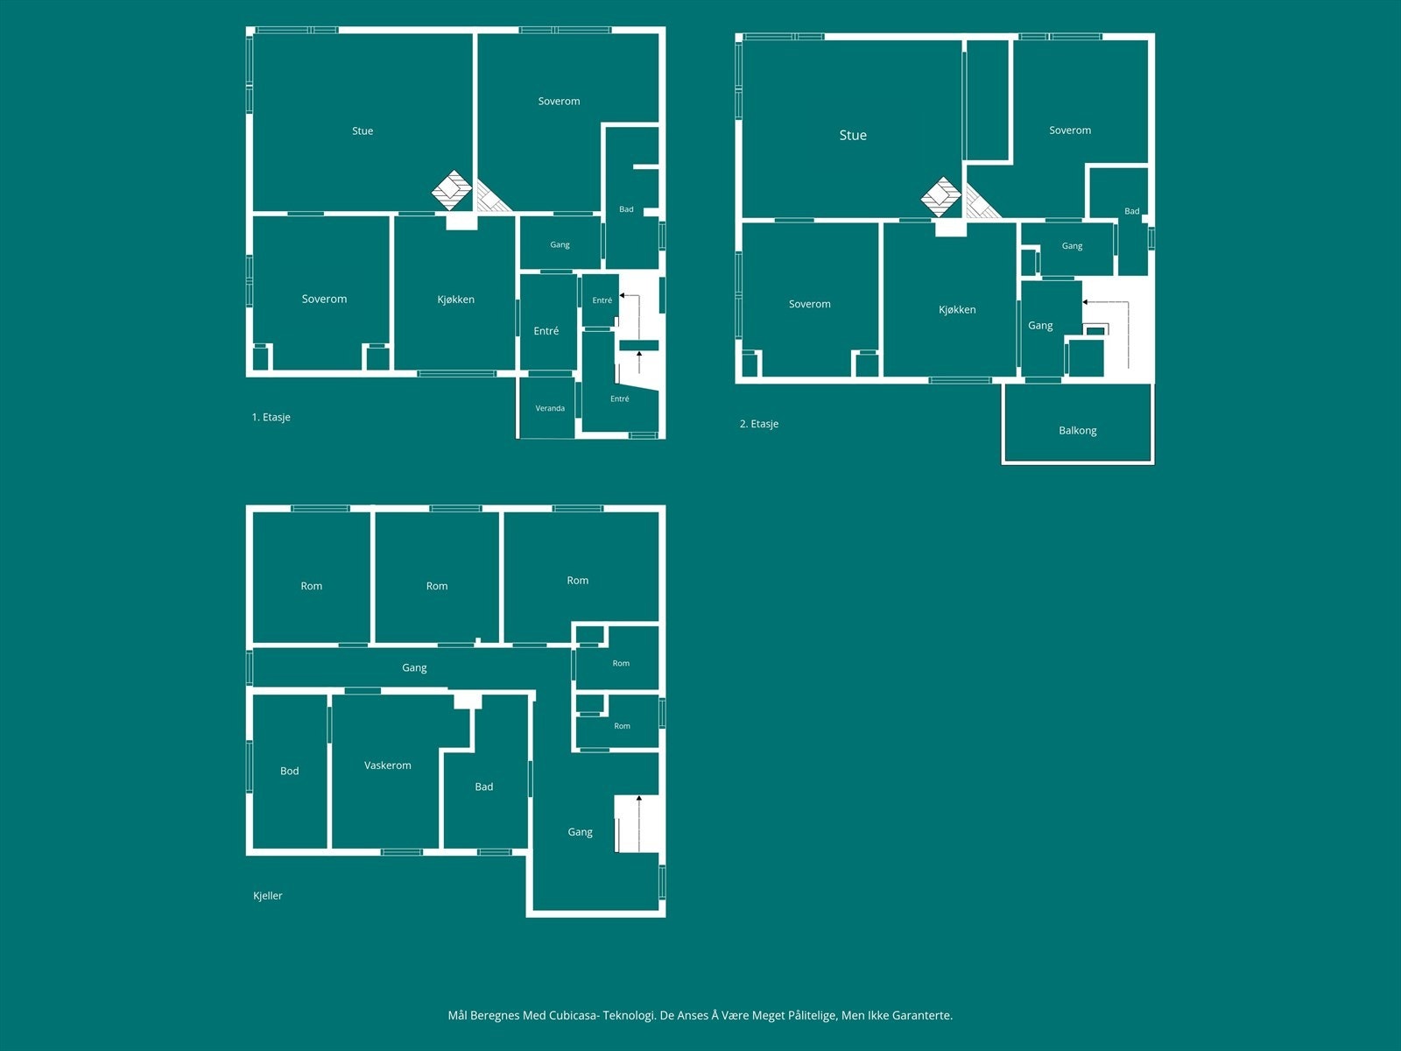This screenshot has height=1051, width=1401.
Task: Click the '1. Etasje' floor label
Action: pos(271,417)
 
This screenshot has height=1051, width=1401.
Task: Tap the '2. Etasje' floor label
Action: pos(759,424)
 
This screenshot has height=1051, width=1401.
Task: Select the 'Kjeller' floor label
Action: pos(267,895)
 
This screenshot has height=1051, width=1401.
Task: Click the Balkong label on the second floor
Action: pos(1077,431)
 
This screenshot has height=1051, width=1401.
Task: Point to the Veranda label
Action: pos(550,408)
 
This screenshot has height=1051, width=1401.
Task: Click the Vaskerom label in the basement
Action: pos(387,765)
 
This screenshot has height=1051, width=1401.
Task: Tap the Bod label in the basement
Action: pos(289,771)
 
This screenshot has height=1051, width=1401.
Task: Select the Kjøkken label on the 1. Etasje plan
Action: pos(455,300)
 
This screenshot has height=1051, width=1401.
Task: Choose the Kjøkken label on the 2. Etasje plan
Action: pos(957,309)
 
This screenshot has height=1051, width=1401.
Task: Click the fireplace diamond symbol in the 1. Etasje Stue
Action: pos(452,189)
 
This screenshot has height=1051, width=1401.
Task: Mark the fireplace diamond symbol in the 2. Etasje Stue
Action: pos(940,196)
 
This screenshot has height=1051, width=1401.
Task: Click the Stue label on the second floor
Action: pos(853,135)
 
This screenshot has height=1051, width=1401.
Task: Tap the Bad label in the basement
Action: pos(484,786)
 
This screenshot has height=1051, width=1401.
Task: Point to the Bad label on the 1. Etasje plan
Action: pos(626,209)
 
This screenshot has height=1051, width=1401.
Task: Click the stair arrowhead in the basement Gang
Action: pos(639,798)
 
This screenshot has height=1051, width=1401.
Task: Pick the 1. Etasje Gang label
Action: pos(560,244)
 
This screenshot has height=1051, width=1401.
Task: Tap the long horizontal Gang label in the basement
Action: pos(414,667)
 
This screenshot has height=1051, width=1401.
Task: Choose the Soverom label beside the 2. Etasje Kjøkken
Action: pos(809,304)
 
